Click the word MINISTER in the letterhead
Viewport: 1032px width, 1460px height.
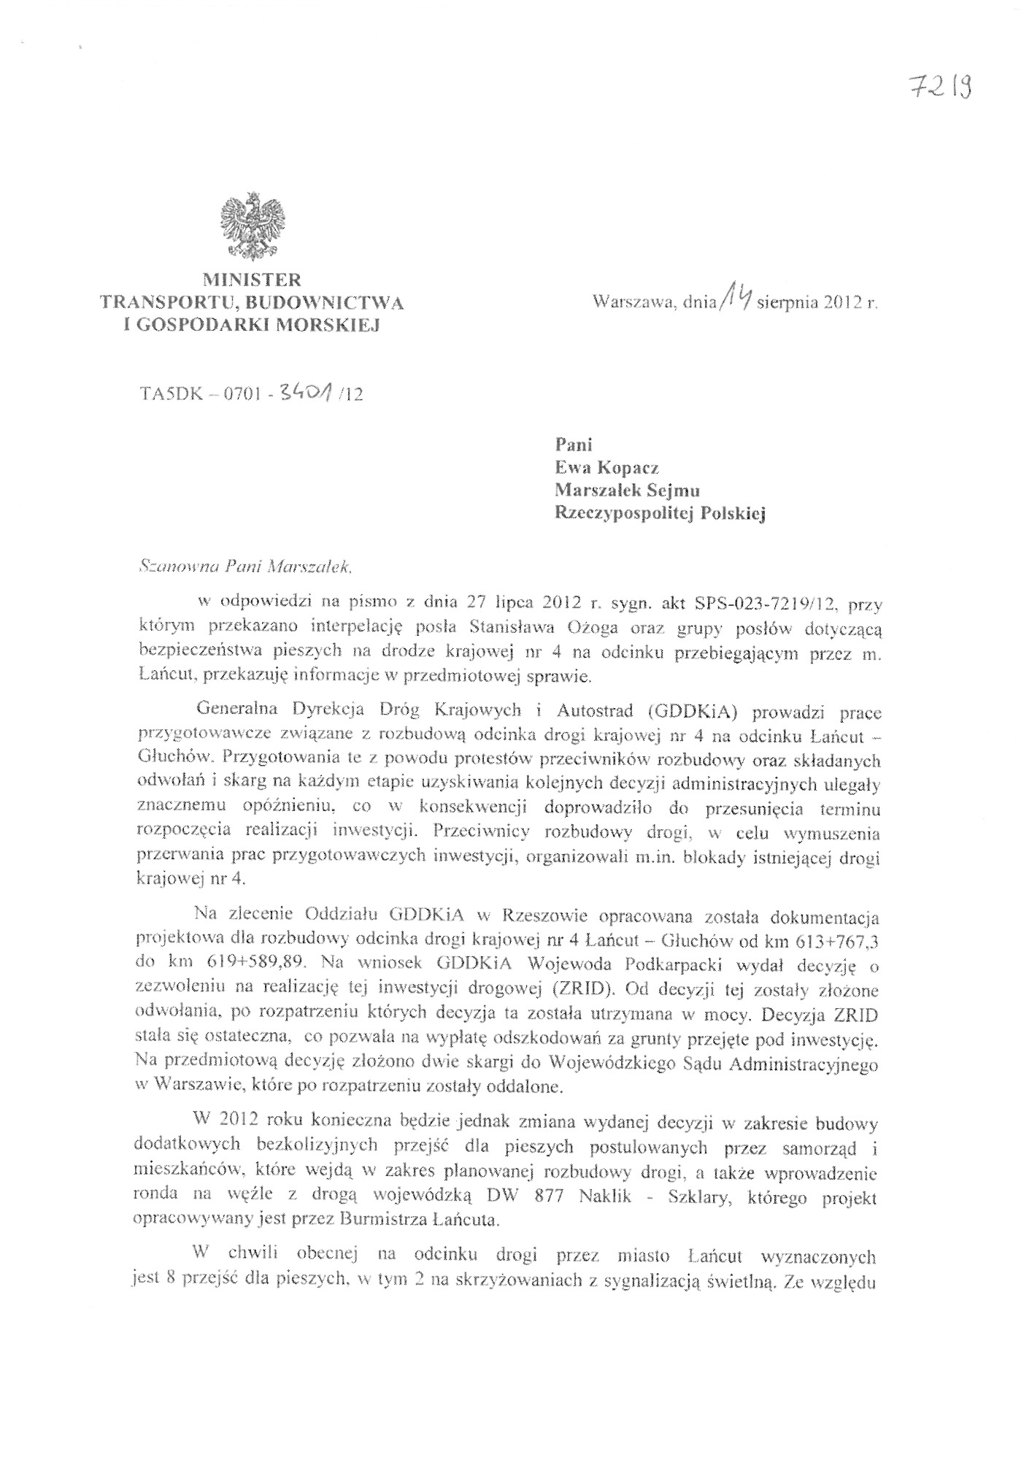[252, 280]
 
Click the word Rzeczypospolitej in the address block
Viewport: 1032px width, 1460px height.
[623, 515]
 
